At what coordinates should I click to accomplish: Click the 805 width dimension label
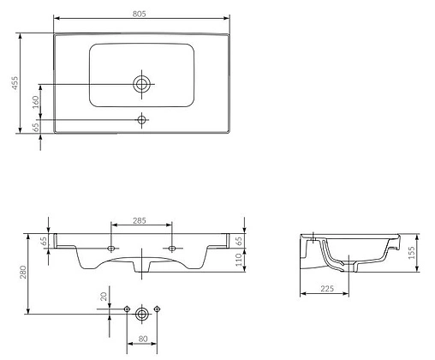[x=139, y=14]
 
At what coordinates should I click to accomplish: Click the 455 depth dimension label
[x=15, y=83]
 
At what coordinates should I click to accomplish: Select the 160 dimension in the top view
[x=35, y=102]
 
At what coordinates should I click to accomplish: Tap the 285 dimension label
[x=140, y=220]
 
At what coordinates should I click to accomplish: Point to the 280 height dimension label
[x=23, y=273]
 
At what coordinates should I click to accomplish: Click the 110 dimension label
[x=239, y=260]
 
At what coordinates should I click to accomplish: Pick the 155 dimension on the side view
[x=411, y=253]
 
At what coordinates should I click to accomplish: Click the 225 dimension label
[x=327, y=289]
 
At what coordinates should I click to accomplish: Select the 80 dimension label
[x=143, y=339]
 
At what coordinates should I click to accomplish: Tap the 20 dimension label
[x=104, y=297]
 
